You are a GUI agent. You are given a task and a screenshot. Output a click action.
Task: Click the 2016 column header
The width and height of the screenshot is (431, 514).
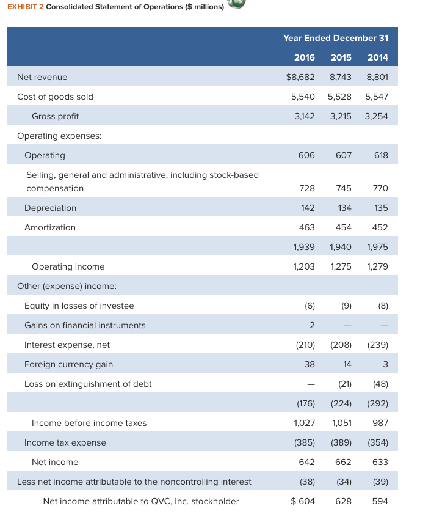pos(304,57)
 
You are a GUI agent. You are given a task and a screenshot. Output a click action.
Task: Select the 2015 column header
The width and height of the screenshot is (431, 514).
pos(341,57)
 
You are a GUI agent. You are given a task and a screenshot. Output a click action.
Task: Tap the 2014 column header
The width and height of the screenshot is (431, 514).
pos(378,57)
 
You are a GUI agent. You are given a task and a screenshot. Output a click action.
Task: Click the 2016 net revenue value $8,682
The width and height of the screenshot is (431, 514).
pos(300,77)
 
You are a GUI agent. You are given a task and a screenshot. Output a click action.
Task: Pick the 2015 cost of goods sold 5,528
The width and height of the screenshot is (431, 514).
pos(339,97)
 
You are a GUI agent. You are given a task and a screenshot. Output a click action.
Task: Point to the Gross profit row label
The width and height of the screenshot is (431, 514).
pos(55,116)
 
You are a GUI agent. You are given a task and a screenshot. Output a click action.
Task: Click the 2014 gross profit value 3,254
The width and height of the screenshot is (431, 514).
pos(376,116)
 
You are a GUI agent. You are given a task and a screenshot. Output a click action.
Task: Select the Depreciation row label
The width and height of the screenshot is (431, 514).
pos(50,208)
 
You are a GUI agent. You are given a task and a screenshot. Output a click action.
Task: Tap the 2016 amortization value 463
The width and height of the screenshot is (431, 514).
pos(306,227)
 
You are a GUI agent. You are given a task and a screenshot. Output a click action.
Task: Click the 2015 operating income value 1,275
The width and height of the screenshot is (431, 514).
pos(341,266)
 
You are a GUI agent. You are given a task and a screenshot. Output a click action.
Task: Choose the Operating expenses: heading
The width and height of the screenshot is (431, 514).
pos(59,136)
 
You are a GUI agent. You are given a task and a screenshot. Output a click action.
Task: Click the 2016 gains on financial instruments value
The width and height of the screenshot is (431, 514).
pos(312,325)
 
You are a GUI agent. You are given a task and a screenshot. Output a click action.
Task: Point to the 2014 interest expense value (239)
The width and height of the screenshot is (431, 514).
pos(378,345)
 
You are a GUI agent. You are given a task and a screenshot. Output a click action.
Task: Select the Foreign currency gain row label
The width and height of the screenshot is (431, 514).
pos(68,364)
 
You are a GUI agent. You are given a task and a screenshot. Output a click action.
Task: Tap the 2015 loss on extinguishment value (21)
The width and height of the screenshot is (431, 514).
pos(345,384)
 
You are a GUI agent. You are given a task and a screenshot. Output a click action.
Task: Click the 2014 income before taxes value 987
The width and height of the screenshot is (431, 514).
pos(380,423)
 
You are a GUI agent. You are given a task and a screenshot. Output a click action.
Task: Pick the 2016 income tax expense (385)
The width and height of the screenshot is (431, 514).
pos(305,442)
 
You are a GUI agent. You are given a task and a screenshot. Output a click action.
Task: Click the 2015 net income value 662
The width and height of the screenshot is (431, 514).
pos(343,462)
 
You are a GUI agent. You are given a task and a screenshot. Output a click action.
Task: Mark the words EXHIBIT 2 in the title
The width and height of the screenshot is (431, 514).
pos(25,7)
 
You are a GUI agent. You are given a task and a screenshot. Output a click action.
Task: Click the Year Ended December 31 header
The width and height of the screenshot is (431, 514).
pos(336,38)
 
